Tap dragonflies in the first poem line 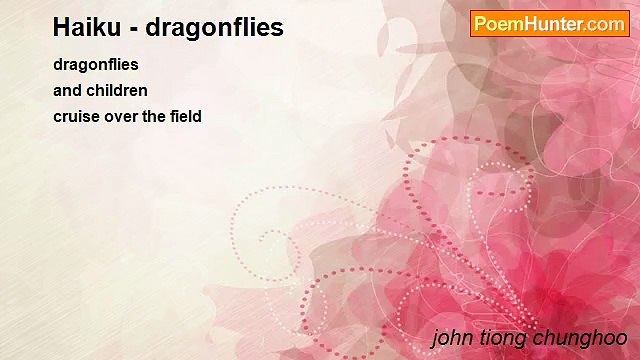coord(96,65)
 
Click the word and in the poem coord(67,90)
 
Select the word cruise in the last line coord(77,116)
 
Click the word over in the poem coord(122,116)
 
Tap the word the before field coord(155,116)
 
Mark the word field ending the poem coord(187,116)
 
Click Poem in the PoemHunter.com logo coord(497,24)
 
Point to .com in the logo coord(607,24)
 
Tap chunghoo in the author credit coord(581,338)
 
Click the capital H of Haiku coord(62,27)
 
